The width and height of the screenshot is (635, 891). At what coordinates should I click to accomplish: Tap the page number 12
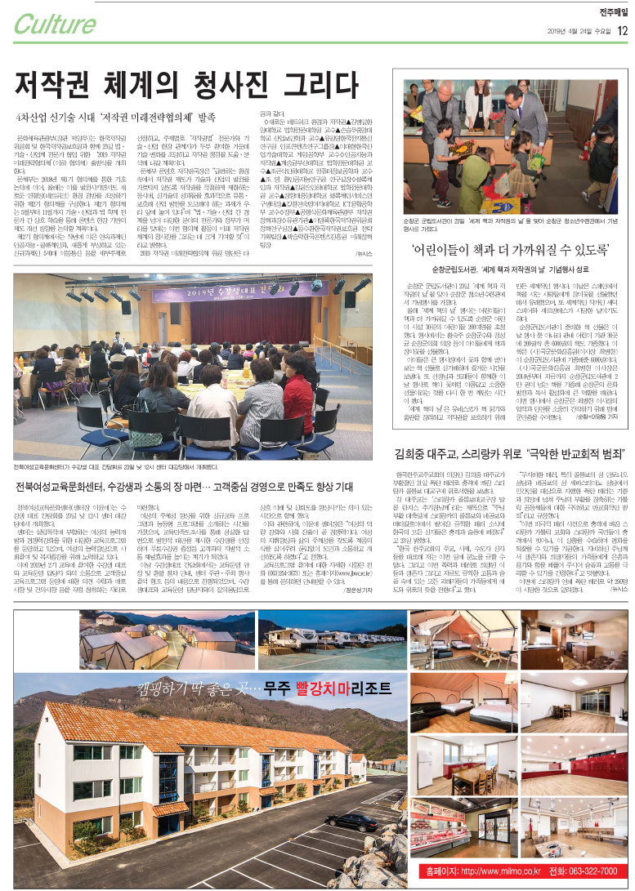622,31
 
